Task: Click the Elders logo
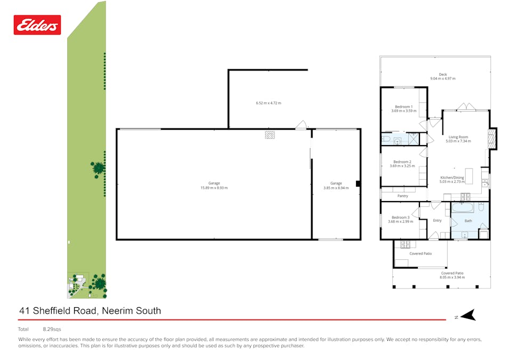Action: (37, 25)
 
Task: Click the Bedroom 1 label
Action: (403, 107)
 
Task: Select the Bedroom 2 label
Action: (402, 162)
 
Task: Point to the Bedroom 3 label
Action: (400, 217)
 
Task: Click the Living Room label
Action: (458, 137)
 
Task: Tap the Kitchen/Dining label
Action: (451, 178)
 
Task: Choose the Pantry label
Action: (402, 196)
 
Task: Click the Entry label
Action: (437, 220)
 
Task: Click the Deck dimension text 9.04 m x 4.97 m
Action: (442, 79)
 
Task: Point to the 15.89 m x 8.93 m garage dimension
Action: (214, 188)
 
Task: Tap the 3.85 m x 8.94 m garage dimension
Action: (336, 188)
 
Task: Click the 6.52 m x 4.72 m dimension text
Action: (268, 103)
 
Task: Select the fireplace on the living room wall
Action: (492, 138)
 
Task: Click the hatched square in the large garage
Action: (270, 135)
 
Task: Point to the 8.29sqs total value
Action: (52, 330)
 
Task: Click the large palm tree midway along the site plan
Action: (98, 169)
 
